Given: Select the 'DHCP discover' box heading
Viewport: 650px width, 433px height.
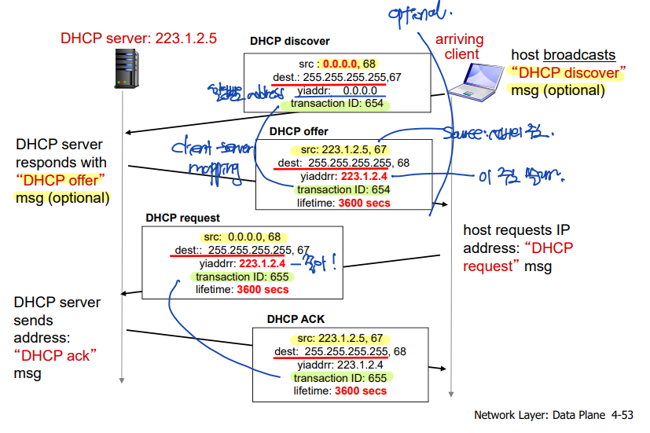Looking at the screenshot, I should (290, 41).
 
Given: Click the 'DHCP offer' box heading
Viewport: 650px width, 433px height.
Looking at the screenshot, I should (299, 131).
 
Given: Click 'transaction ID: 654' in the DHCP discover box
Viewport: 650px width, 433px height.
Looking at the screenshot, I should (337, 103).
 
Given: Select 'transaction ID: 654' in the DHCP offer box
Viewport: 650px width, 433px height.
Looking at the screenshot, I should (343, 189).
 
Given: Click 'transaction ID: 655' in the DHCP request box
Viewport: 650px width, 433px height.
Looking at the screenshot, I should (242, 277).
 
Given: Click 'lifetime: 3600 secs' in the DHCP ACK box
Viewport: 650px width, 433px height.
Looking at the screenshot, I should (340, 391).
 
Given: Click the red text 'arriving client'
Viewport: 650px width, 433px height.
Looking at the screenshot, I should (460, 46).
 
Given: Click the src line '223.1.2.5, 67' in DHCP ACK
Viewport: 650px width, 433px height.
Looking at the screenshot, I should (340, 339).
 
